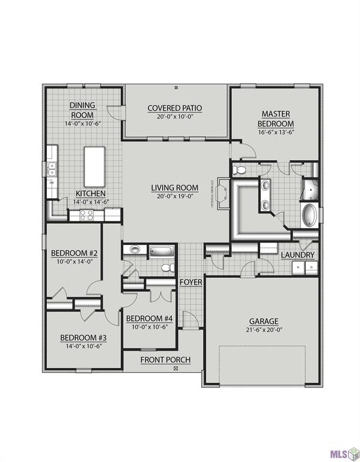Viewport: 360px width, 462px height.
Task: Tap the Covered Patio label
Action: coord(175,108)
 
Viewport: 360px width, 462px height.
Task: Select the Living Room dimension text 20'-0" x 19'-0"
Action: coord(174,196)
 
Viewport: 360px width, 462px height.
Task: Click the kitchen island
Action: coord(94,166)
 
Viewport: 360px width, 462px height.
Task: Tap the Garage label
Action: coord(264,321)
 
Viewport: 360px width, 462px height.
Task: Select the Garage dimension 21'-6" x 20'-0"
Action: coord(264,330)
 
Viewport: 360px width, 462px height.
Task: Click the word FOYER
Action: coord(191,282)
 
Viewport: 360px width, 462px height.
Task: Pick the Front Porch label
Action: coord(165,360)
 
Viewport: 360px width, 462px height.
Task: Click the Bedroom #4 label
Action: coord(148,318)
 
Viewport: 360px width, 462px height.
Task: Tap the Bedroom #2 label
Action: coord(75,253)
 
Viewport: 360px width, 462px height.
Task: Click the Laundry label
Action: coord(297,255)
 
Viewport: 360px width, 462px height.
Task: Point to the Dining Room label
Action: coord(82,110)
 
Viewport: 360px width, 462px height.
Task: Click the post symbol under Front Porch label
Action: coord(175,368)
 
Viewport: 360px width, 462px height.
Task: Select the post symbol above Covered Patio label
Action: coord(175,88)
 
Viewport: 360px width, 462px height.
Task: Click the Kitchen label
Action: coord(91,194)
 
